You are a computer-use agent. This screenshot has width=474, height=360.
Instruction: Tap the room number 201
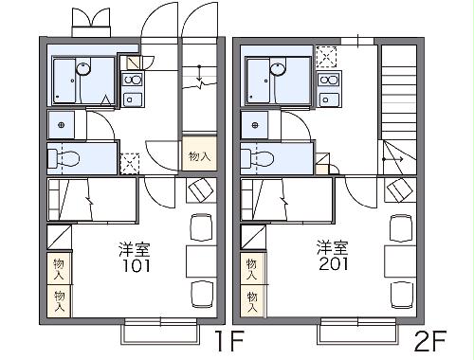pos(332,265)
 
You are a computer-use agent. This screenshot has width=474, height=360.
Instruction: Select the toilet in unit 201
pos(263,159)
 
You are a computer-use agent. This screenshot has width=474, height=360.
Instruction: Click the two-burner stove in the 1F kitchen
pos(133,80)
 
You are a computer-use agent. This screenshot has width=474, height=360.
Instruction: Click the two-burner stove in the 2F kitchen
pos(328,80)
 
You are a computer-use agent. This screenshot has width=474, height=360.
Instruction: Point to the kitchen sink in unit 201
pos(328,98)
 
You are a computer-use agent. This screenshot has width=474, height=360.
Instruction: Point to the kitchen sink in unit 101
pos(133,98)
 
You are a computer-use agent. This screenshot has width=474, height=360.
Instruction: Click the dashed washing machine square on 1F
pos(130,162)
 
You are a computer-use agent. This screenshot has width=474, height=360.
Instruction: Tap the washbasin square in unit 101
pos(63,125)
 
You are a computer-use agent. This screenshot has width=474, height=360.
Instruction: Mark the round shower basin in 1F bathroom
pos(83,67)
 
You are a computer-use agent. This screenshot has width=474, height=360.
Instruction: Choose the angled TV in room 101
pos(198,190)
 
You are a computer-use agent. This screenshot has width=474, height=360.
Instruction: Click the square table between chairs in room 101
pos(201,258)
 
